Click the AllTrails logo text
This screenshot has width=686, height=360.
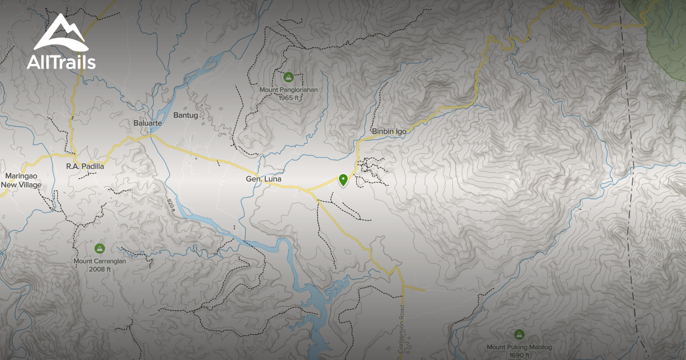click(x=61, y=62)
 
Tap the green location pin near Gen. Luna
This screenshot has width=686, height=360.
click(x=343, y=180)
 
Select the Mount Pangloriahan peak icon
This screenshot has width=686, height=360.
click(x=289, y=77)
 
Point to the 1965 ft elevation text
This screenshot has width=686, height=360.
click(x=289, y=98)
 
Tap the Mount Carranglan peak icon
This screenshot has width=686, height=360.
click(x=99, y=249)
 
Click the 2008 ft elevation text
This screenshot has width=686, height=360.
click(x=99, y=269)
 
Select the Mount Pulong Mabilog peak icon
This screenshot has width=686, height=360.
click(x=519, y=334)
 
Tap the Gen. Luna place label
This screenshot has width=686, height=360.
click(x=264, y=179)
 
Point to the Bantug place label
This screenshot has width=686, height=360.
click(x=185, y=115)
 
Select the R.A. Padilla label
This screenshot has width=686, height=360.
click(x=85, y=166)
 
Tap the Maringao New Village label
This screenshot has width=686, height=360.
click(x=21, y=181)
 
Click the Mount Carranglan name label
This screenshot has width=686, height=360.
click(x=99, y=262)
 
